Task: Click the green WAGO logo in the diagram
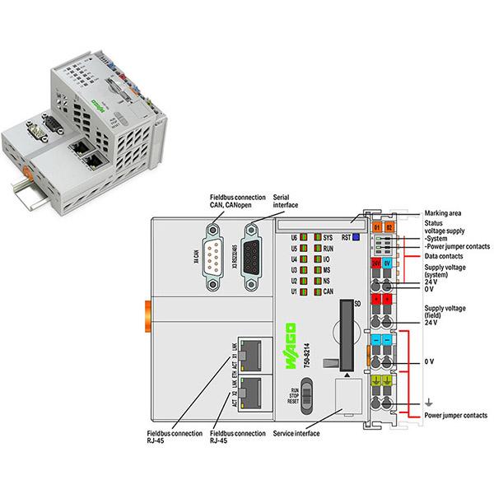[291, 339]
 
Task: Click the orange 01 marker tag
[377, 226]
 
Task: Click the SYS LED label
[328, 237]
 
